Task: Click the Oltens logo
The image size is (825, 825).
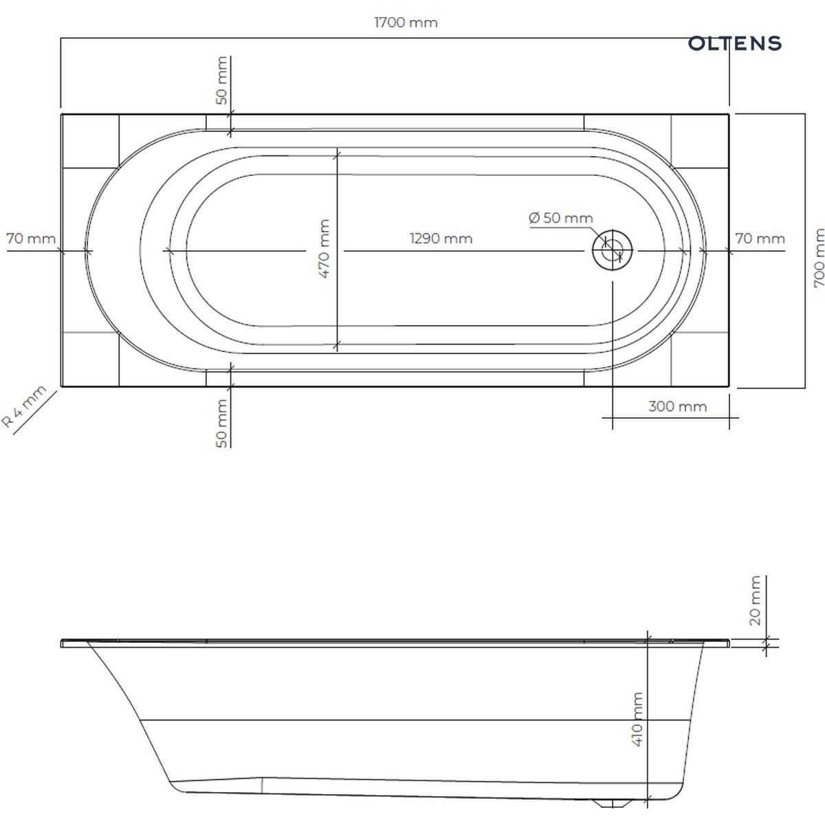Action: tap(735, 43)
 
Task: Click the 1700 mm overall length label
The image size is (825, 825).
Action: tap(406, 22)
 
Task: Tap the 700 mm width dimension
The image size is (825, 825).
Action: tap(818, 258)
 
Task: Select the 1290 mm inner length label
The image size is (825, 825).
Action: tap(441, 239)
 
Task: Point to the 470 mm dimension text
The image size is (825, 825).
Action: tap(324, 249)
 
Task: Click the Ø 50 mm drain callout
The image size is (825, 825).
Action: tap(561, 218)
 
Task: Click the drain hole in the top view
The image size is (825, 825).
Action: tap(613, 250)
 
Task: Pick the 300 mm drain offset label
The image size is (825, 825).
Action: tap(677, 406)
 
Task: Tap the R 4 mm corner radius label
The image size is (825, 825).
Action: tap(23, 406)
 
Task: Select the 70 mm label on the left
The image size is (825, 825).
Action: tap(31, 239)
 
